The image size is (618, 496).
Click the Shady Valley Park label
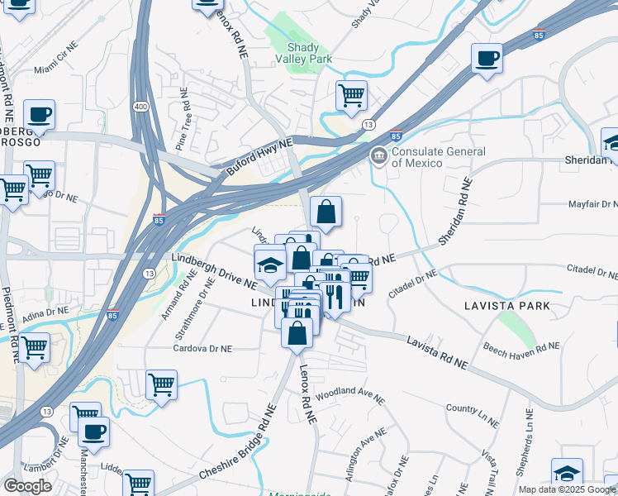tap(309, 53)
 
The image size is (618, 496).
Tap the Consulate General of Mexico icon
tap(378, 155)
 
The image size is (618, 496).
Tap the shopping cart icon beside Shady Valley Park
tap(352, 94)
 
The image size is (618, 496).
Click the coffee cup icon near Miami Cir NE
tap(39, 114)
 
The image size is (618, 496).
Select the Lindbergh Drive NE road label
tap(214, 270)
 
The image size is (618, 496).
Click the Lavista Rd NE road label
tap(437, 352)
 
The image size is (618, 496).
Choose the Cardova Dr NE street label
tap(202, 349)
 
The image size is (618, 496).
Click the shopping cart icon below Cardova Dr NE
tap(161, 384)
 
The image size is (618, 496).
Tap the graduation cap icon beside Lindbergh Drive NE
tap(269, 265)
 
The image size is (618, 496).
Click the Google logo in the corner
tap(26, 486)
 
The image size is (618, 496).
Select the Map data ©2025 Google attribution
tap(566, 489)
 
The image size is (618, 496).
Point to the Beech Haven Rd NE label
tap(521, 346)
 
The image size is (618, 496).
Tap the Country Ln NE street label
tap(473, 408)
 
